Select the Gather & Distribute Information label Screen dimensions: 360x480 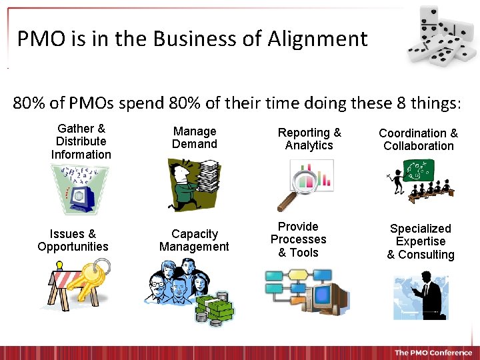pos(81,141)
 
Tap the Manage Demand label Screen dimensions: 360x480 pos(195,138)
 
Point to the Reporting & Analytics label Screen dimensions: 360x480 pos(309,139)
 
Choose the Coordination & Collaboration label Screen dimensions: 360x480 pos(418,140)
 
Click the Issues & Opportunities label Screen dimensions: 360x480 pos(73,241)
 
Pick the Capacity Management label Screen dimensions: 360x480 pos(194,241)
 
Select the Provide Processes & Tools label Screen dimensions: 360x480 pos(298,239)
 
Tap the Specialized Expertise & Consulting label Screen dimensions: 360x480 pos(421,241)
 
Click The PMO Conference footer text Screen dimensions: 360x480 pos(433,353)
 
